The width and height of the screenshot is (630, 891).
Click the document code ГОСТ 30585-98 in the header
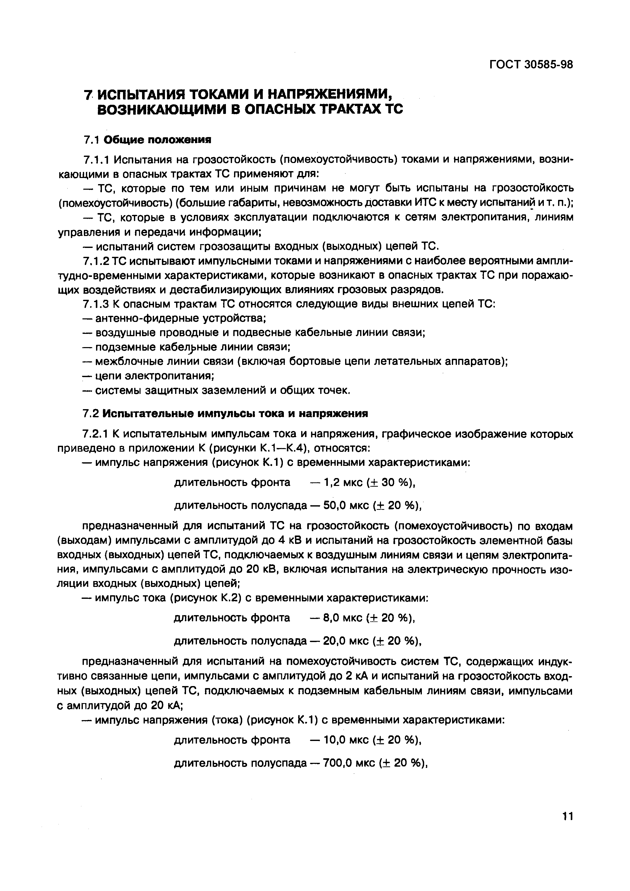coord(531,64)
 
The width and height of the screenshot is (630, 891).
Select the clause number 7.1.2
coord(97,261)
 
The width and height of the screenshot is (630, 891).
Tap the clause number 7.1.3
coord(97,304)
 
